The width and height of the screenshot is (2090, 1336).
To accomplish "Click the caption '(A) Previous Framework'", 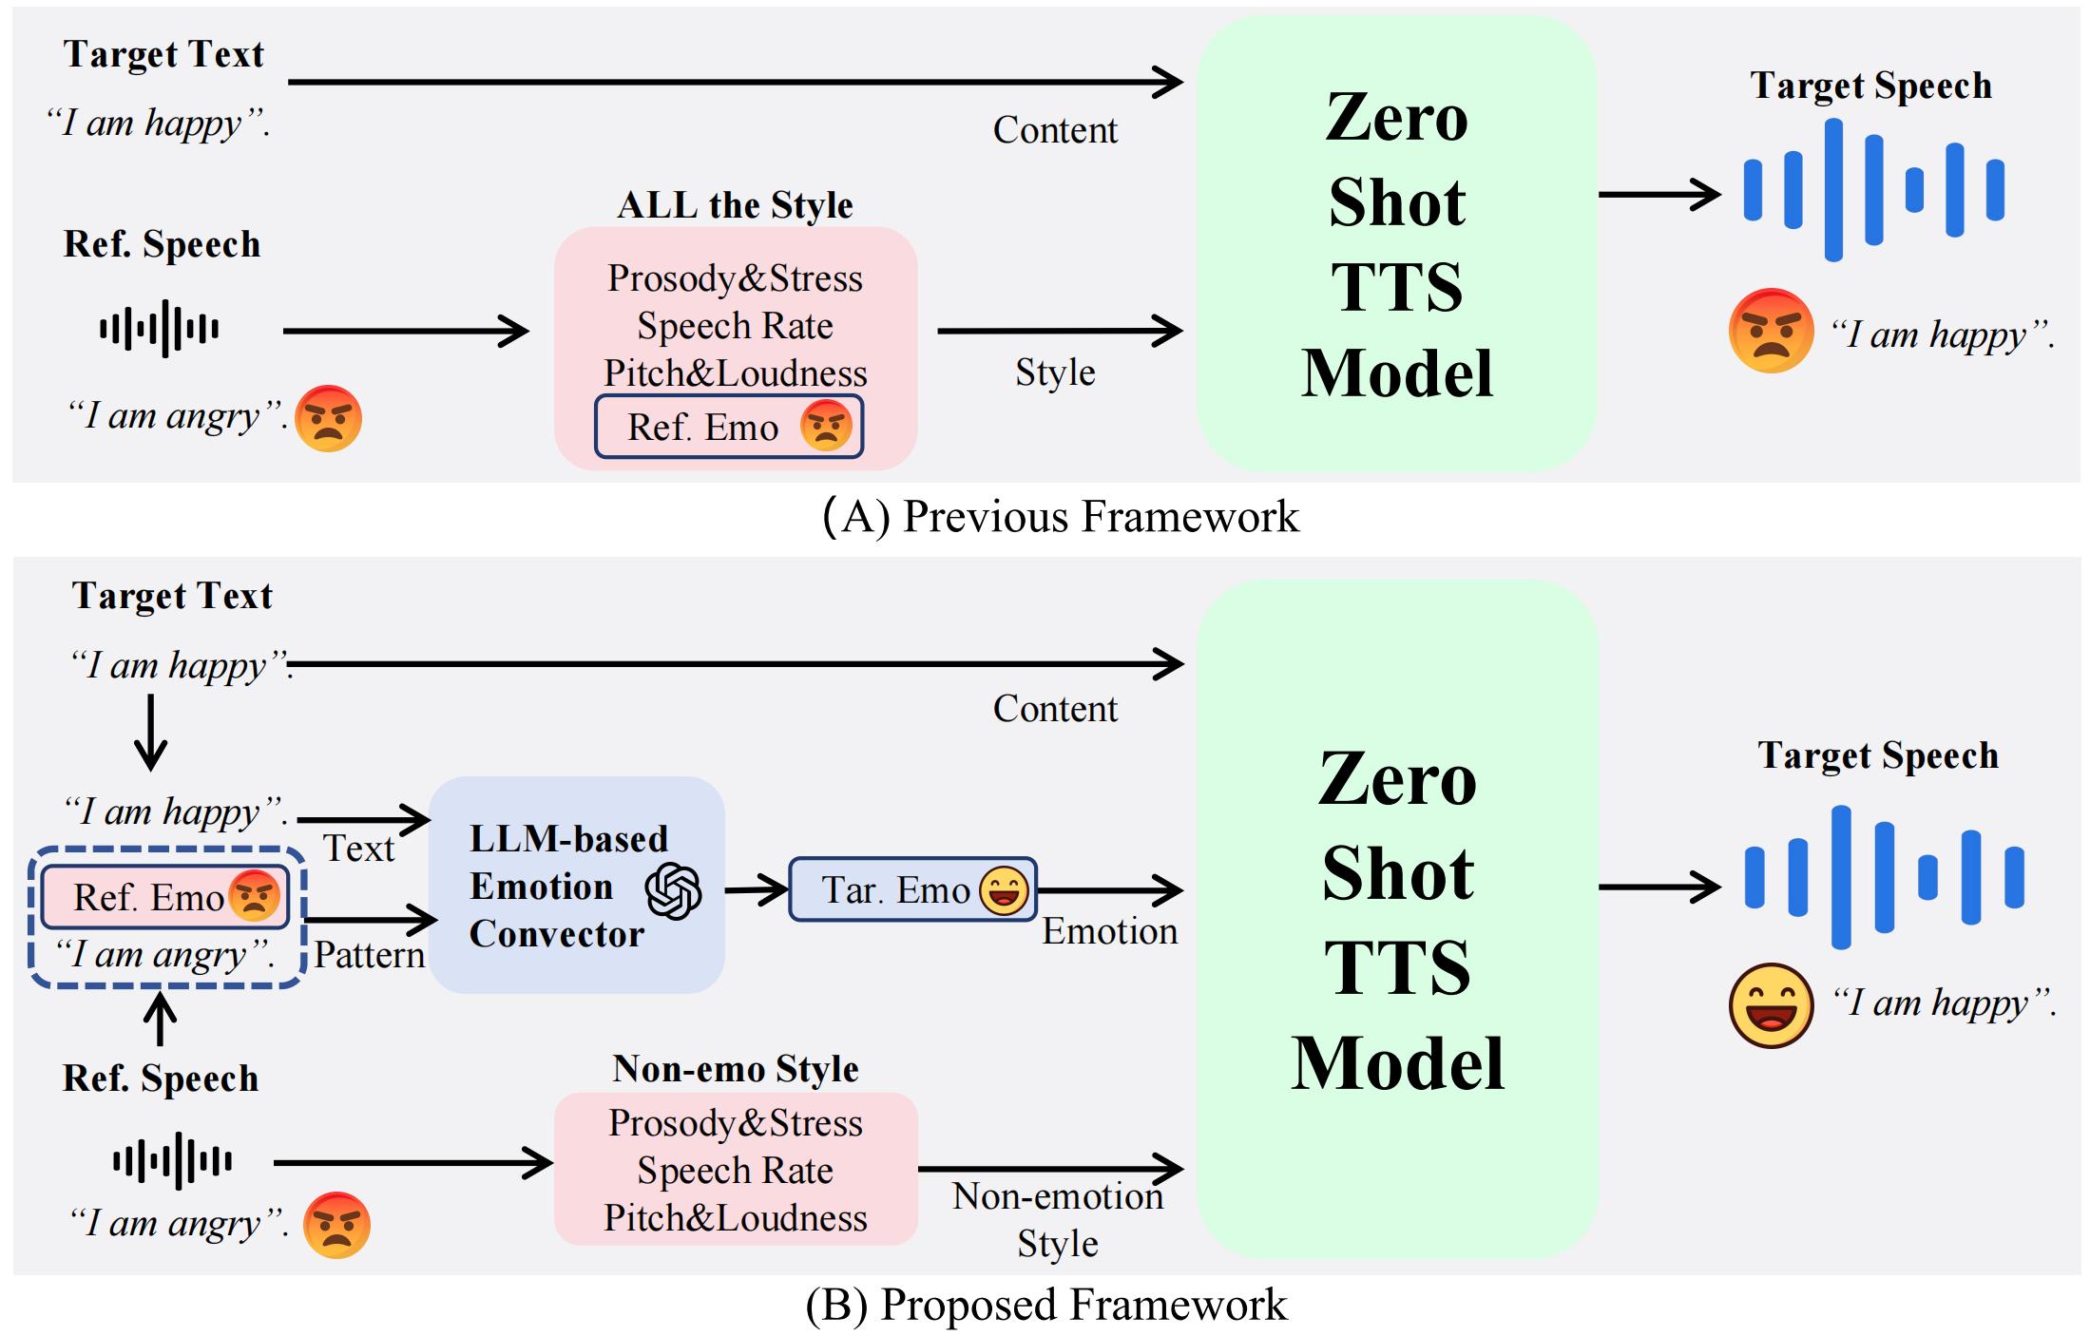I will (1060, 517).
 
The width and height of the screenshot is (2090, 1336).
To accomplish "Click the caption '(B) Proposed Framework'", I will (1045, 1305).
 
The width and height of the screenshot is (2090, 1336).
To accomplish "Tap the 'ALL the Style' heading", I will (735, 205).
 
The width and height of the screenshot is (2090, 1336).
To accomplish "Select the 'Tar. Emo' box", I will (912, 890).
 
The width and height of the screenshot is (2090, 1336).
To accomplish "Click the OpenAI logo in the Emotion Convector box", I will (673, 891).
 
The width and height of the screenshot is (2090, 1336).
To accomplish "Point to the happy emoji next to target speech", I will (1770, 1005).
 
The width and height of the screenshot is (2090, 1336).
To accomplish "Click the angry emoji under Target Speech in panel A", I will (1770, 331).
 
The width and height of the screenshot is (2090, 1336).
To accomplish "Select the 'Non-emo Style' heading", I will (735, 1069).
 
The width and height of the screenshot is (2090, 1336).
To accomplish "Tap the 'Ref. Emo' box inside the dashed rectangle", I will (165, 897).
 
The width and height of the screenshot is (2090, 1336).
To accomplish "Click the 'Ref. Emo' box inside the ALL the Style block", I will (728, 427).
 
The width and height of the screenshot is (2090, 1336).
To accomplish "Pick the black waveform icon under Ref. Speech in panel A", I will (160, 329).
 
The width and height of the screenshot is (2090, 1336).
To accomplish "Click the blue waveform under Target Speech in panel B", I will (1883, 877).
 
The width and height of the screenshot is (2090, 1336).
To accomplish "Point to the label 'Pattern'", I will (369, 955).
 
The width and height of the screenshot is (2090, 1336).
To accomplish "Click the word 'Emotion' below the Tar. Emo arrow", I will (1109, 931).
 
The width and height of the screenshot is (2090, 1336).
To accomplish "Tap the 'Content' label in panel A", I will (1055, 130).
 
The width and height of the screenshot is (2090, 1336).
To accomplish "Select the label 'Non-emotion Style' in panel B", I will (1058, 1219).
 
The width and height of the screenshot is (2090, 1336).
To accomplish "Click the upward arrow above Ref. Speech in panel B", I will (160, 1019).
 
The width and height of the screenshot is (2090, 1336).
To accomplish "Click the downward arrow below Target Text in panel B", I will (150, 733).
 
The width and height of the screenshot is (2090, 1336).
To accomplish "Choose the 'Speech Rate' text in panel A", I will (735, 326).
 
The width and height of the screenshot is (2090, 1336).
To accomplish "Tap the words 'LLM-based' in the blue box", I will (568, 839).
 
